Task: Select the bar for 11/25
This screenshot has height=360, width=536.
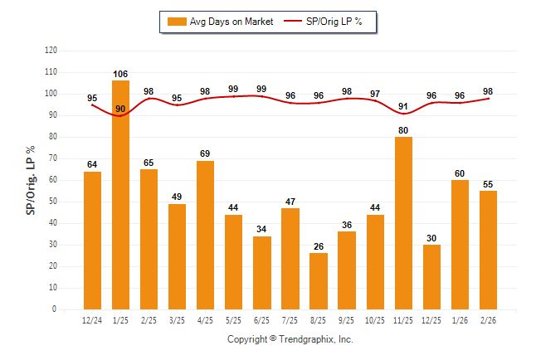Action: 404,223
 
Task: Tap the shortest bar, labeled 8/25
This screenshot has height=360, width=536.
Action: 319,281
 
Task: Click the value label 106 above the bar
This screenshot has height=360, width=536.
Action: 120,74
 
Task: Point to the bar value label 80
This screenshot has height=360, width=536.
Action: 404,129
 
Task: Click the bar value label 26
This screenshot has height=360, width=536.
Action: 319,246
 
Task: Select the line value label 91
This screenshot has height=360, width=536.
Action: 404,106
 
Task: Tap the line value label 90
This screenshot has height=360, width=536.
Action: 120,109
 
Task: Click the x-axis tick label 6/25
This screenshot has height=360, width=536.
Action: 262,320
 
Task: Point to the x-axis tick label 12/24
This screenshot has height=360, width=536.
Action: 92,320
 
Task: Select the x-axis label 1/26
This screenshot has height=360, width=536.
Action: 460,320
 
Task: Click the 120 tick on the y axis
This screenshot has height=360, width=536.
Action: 51,51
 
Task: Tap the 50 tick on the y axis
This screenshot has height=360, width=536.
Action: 53,202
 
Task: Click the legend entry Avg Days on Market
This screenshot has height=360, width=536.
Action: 220,22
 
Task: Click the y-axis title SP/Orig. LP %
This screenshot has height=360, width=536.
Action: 31,179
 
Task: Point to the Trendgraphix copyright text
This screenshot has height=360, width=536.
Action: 290,339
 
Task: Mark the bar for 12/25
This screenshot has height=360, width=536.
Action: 432,277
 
